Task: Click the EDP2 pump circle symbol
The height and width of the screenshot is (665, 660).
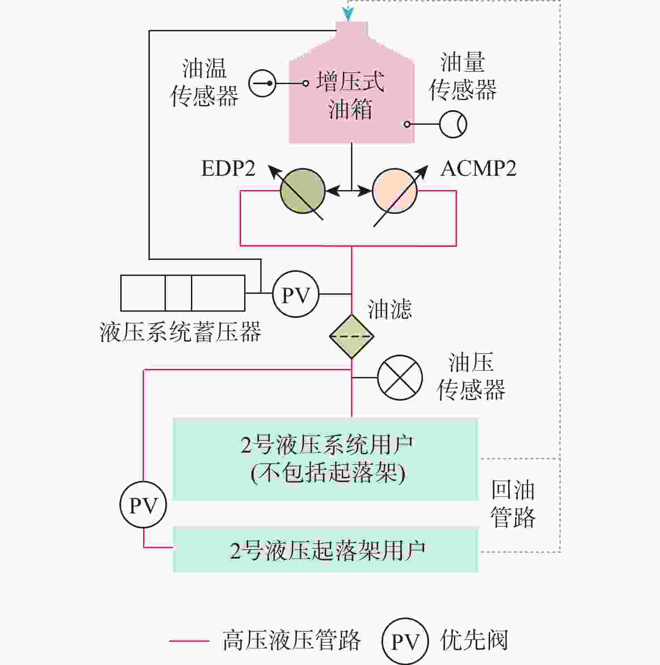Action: pos(302,191)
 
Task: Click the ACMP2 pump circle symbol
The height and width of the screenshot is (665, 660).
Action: pos(395,191)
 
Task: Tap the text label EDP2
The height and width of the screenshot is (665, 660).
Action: pos(228,169)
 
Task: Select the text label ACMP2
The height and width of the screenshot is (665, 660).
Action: pos(478,169)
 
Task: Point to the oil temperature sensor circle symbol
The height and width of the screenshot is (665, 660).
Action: pos(262,83)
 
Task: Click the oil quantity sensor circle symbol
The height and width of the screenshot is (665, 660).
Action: pos(453,124)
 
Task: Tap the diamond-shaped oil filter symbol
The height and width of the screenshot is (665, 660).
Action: pos(351,336)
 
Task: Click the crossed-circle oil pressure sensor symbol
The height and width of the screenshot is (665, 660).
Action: pos(400,377)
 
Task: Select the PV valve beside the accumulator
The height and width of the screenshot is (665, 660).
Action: pos(296,294)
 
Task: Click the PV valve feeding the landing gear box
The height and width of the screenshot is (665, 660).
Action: pos(143,505)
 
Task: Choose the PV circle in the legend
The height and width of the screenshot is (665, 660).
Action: pos(405,641)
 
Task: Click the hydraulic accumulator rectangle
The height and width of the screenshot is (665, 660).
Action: pos(183,293)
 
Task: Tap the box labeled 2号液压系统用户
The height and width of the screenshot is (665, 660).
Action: pos(326,459)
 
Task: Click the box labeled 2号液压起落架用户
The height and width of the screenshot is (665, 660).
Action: pos(326,550)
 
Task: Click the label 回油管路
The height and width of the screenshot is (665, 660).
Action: pos(513,504)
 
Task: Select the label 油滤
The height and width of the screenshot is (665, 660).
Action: pos(389,309)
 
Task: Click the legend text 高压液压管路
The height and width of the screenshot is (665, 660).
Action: pos(292,640)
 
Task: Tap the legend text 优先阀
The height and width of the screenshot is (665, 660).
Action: pos(474,640)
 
